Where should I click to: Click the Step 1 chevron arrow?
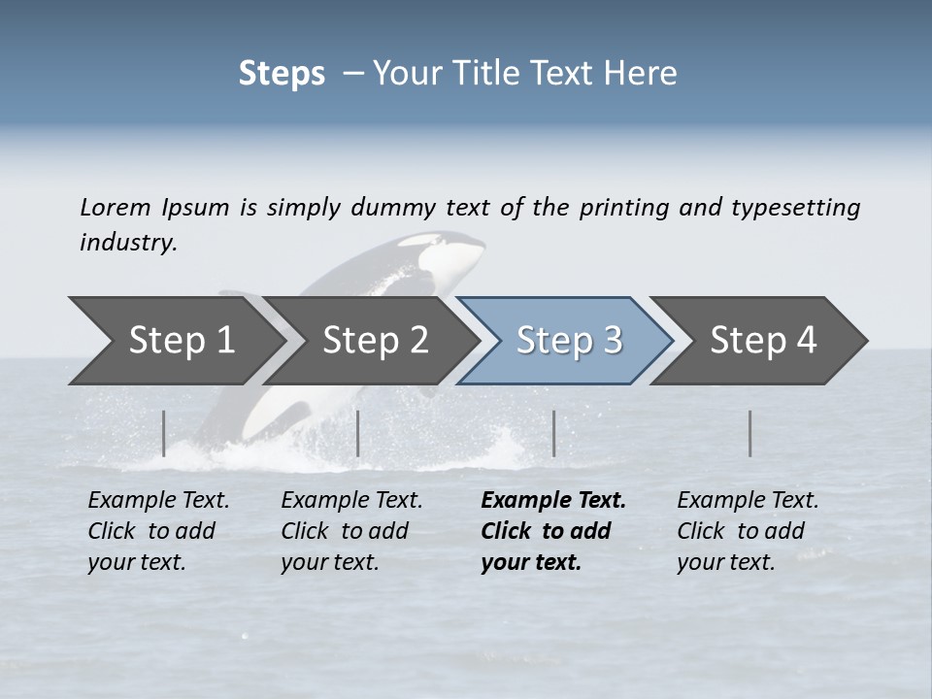[x=175, y=340]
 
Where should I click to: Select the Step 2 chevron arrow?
[x=374, y=340]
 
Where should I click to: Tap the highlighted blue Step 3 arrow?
[x=568, y=340]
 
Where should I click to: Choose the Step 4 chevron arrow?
[x=762, y=340]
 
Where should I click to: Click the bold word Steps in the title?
[x=282, y=73]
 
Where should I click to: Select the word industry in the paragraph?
[x=127, y=243]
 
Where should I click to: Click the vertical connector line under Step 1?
[x=164, y=433]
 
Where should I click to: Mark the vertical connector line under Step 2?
[x=358, y=433]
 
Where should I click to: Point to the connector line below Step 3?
[x=553, y=433]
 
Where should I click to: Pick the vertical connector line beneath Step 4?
[x=749, y=433]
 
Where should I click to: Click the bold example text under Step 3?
[x=551, y=531]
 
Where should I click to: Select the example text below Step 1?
[x=157, y=531]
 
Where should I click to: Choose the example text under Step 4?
[x=747, y=531]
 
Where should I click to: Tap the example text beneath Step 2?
[x=350, y=531]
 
